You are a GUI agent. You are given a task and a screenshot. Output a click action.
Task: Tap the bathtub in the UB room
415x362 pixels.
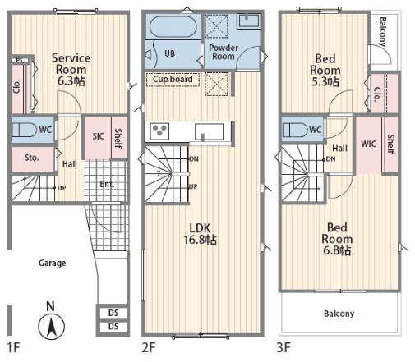click(173, 27)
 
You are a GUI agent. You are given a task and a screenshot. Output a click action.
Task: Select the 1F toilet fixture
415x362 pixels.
click(24, 130)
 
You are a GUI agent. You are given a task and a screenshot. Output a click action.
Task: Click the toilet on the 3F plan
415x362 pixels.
click(295, 130)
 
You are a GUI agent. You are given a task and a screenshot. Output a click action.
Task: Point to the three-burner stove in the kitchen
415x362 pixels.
click(160, 131)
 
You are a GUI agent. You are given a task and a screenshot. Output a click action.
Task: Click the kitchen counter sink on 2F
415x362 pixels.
click(209, 132)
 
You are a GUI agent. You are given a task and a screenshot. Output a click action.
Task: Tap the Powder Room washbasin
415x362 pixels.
click(248, 21)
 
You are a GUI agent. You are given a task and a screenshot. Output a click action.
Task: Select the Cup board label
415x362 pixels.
click(173, 80)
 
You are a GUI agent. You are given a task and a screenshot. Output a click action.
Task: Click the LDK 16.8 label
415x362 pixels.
click(201, 234)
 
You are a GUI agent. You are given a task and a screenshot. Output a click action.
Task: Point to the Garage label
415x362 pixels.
click(52, 263)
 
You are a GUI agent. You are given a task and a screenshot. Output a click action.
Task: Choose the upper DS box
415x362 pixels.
click(113, 313)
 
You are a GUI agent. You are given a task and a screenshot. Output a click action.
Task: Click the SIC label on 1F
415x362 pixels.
click(98, 136)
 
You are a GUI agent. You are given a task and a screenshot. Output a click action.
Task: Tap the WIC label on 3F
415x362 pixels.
click(368, 144)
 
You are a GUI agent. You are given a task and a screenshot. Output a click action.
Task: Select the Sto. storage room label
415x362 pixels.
click(31, 158)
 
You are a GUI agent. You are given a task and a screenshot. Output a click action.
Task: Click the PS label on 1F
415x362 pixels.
click(19, 61)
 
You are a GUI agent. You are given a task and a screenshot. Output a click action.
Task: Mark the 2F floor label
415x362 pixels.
click(149, 348)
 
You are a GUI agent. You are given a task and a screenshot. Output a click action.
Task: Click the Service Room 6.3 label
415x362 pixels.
click(71, 70)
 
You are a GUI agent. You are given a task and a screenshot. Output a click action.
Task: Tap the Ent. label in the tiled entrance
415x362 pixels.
click(107, 184)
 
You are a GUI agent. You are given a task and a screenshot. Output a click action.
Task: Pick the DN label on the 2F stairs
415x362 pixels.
click(194, 159)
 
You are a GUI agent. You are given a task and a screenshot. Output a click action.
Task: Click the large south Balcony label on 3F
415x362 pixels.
click(339, 314)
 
